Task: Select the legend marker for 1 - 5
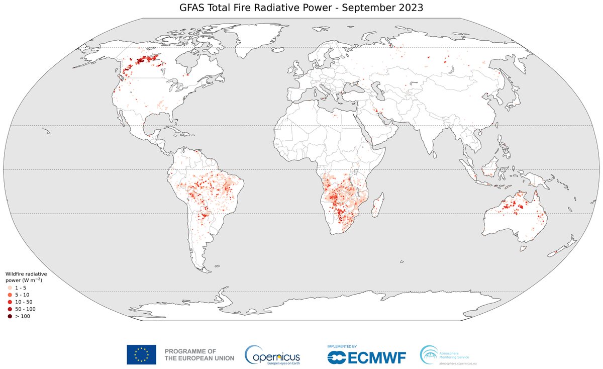(10, 287)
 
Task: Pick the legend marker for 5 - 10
(10, 294)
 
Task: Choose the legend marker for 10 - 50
(10, 302)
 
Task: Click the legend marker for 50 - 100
(10, 309)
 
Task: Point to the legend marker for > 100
(10, 316)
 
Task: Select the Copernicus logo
(272, 355)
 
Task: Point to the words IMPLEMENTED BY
(342, 346)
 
